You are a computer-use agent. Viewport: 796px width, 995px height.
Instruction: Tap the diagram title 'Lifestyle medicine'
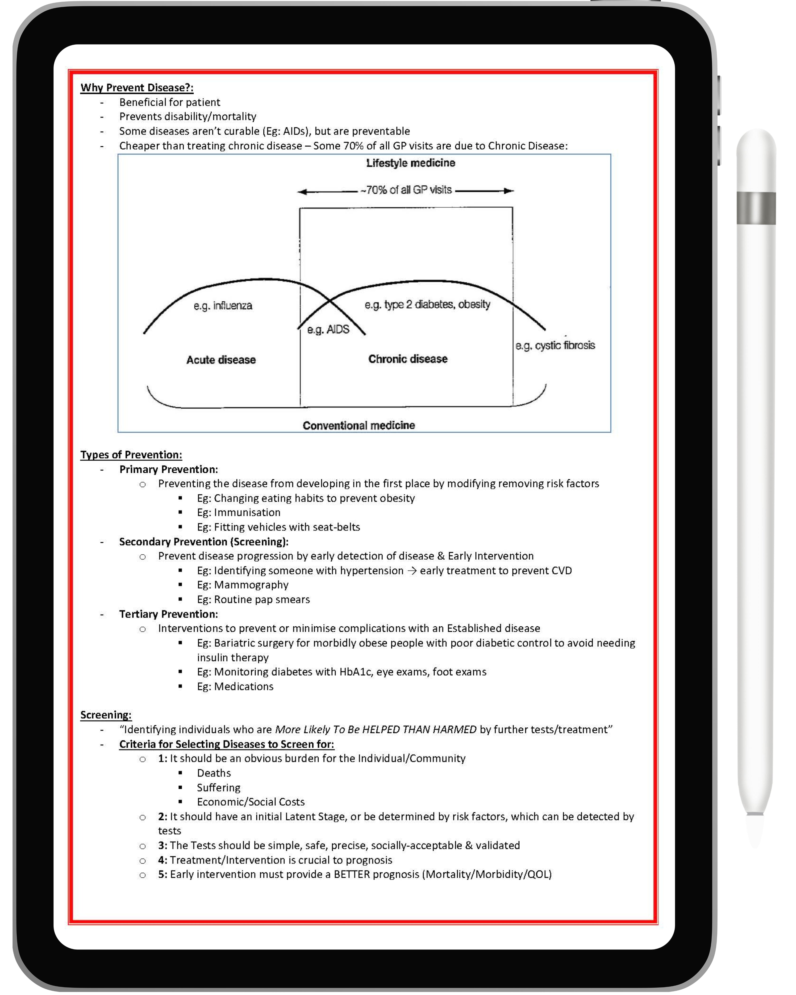[x=410, y=163]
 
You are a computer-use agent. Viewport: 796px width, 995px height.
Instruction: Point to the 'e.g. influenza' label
[x=223, y=305]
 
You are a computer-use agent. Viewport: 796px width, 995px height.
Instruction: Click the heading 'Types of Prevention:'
[x=131, y=455]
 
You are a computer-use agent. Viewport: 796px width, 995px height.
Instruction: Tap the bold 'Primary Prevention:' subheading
[x=168, y=469]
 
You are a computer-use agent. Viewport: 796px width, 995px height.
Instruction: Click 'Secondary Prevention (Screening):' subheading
[x=204, y=542]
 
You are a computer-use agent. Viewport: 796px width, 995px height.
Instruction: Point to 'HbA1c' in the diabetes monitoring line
[x=355, y=672]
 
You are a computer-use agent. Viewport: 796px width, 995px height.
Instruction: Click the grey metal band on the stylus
[x=756, y=208]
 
